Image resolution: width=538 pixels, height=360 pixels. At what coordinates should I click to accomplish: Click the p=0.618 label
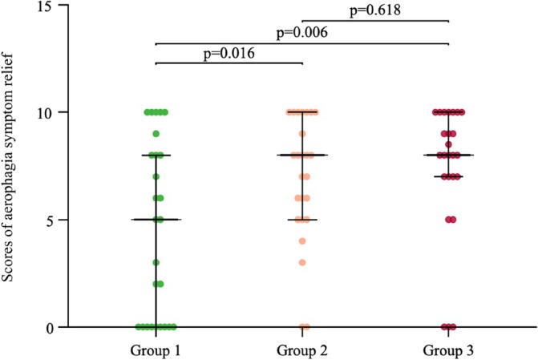tap(374, 10)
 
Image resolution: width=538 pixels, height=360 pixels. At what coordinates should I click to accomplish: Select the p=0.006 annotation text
tap(301, 33)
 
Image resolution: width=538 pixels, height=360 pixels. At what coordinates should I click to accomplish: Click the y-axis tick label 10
tap(51, 112)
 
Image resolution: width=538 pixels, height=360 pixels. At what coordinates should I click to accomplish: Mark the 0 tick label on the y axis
tap(55, 327)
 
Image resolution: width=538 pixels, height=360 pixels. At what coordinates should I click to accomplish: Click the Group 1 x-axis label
tap(156, 350)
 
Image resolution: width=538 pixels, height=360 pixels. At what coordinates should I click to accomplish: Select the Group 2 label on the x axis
tap(302, 350)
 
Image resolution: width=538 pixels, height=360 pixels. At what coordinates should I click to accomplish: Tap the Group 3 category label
tap(448, 350)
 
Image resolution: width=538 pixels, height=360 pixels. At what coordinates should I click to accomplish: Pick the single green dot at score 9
tap(156, 134)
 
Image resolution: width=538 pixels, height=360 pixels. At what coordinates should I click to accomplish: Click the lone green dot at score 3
tap(156, 262)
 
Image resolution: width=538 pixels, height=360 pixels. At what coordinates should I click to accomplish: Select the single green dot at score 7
tap(156, 176)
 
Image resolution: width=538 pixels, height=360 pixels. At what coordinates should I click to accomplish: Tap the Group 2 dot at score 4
tap(302, 241)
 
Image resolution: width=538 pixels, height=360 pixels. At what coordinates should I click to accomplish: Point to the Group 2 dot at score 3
tap(302, 262)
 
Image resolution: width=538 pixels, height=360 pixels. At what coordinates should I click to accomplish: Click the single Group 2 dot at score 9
tap(302, 134)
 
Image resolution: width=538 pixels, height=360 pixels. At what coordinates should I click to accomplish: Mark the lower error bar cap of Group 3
tap(448, 176)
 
